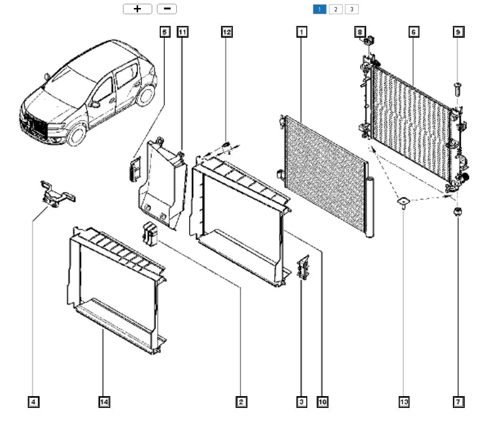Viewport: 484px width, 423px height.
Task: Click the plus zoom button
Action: click(137, 9)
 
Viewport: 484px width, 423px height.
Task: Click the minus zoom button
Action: click(166, 9)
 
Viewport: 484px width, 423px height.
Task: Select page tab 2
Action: click(336, 9)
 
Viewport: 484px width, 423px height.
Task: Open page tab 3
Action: click(352, 9)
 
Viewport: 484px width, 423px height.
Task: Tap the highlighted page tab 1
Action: click(320, 9)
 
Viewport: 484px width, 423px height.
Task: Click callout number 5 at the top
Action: click(164, 32)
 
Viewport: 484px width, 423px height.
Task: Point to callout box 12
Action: click(227, 32)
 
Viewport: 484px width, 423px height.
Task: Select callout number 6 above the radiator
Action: click(413, 32)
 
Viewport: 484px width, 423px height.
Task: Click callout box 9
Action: click(458, 32)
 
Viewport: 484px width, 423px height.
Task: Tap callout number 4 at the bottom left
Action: click(33, 402)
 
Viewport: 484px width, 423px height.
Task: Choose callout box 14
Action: click(104, 402)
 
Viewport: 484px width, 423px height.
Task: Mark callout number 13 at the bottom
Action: click(404, 402)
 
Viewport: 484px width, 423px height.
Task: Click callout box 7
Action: click(458, 402)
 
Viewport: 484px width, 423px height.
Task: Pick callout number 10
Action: click(322, 402)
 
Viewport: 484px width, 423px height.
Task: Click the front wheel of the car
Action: click(76, 133)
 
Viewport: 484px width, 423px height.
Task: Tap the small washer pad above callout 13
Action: click(404, 202)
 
